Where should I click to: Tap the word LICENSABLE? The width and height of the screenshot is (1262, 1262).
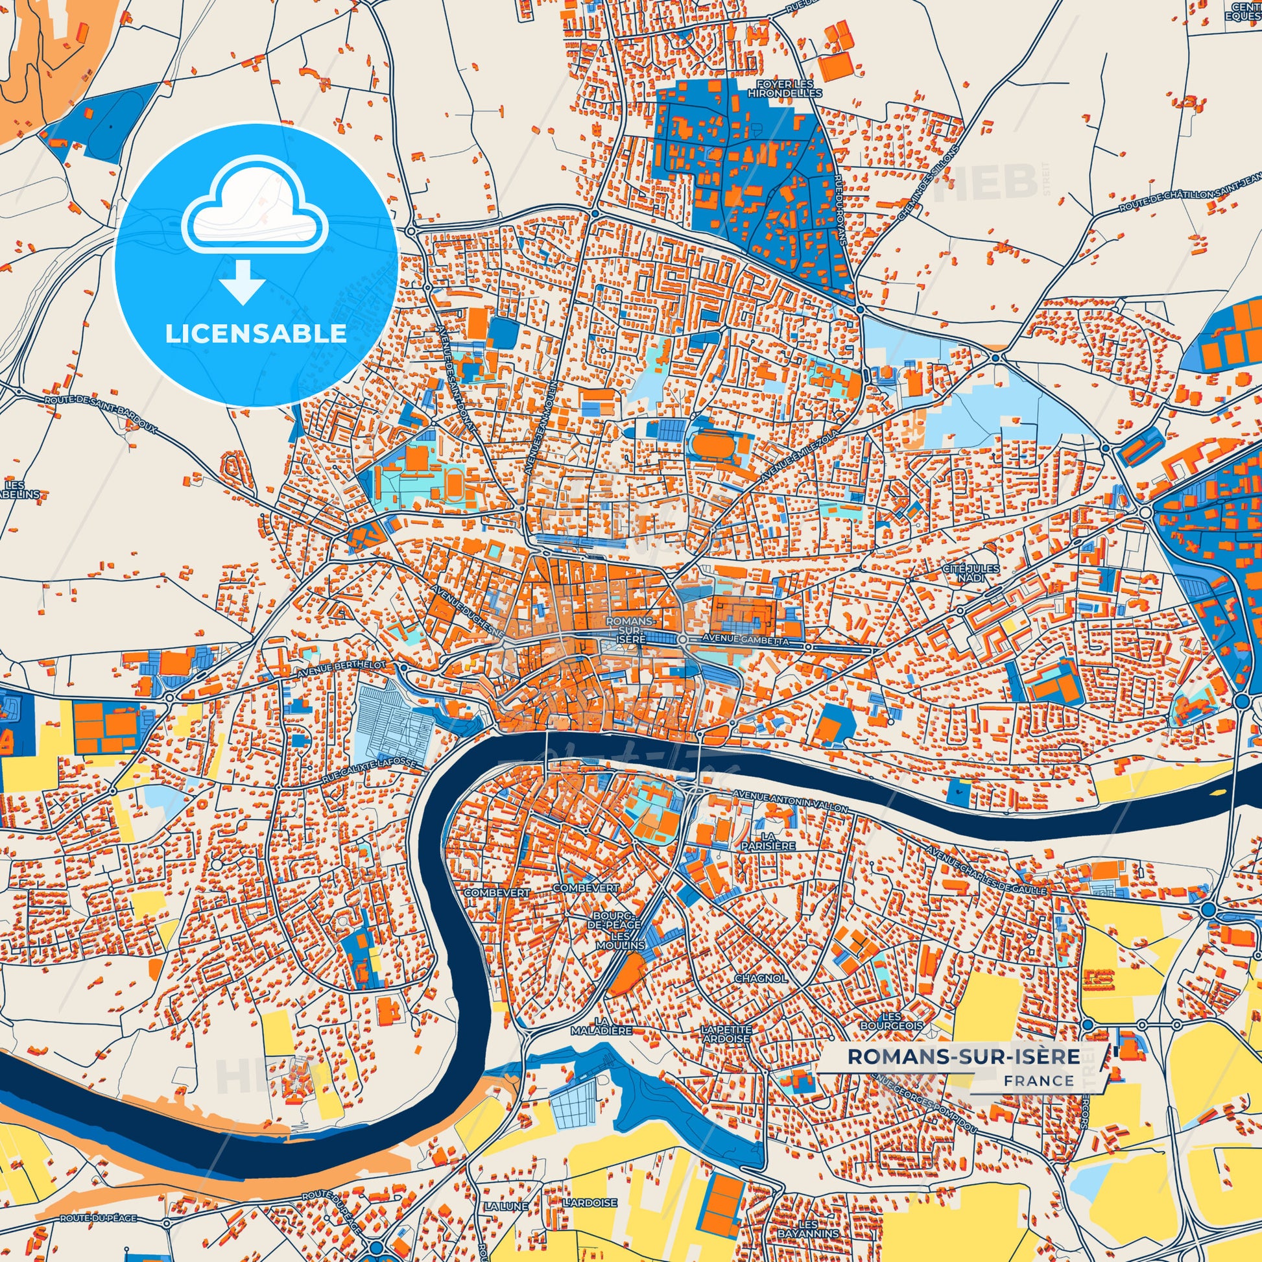pyautogui.click(x=256, y=334)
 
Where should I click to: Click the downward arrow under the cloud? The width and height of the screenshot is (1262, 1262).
pyautogui.click(x=243, y=281)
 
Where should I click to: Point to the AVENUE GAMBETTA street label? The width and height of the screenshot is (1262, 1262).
pyautogui.click(x=745, y=642)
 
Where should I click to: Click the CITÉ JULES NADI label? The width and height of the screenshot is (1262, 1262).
pyautogui.click(x=970, y=573)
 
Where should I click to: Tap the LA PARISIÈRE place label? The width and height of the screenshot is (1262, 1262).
pyautogui.click(x=768, y=840)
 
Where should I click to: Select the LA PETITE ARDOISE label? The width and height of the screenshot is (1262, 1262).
pyautogui.click(x=726, y=1033)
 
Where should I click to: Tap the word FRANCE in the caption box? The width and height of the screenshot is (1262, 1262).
pyautogui.click(x=1039, y=1080)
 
